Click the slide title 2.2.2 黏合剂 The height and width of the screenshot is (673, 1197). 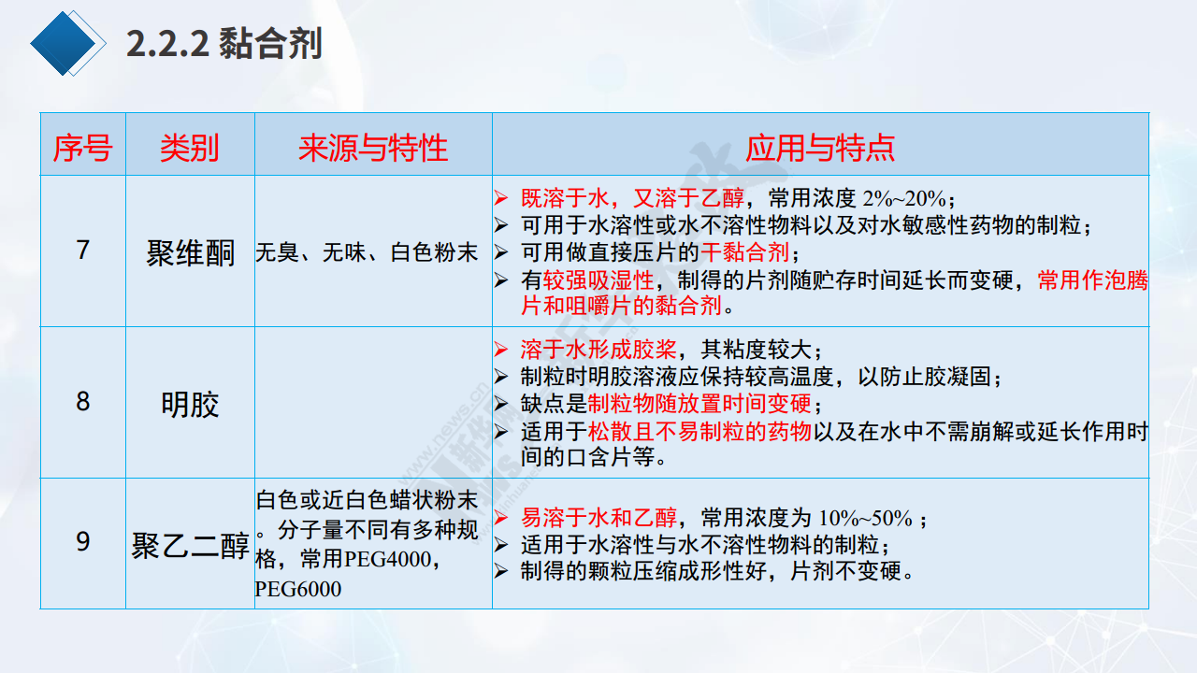224,43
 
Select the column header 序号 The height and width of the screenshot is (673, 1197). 83,148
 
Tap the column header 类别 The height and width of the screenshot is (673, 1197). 190,148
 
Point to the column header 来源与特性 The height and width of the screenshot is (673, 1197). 373,148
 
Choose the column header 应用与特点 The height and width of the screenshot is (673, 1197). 820,148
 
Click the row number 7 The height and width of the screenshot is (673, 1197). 83,250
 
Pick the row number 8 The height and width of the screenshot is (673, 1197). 83,401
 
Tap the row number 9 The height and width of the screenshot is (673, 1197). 83,541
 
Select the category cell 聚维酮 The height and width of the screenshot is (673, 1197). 191,252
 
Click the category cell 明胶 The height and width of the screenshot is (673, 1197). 190,405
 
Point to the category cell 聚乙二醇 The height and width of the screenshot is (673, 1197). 190,546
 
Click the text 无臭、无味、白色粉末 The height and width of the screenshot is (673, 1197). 367,252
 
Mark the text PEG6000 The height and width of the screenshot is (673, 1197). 298,589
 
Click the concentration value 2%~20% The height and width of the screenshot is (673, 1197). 904,199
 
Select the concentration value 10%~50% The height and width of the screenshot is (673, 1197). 865,518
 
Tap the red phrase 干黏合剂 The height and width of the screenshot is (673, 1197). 745,252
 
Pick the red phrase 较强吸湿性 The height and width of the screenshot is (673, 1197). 598,279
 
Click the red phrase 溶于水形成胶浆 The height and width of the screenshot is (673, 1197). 598,350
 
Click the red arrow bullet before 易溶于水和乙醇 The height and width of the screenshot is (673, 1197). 500,518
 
